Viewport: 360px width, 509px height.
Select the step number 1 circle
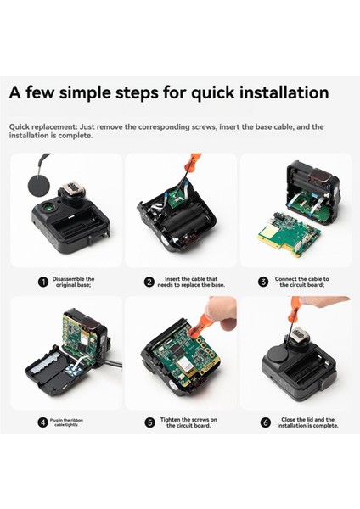pyautogui.click(x=43, y=282)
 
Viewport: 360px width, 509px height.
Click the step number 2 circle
pyautogui.click(x=149, y=282)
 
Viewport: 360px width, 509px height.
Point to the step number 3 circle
pyautogui.click(x=263, y=282)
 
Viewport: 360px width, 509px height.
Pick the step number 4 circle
pyautogui.click(x=42, y=422)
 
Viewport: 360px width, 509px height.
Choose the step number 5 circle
pyautogui.click(x=149, y=422)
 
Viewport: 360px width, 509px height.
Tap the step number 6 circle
pyautogui.click(x=266, y=422)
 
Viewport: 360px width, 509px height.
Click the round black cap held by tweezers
pyautogui.click(x=39, y=185)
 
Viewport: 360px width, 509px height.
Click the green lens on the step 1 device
pyautogui.click(x=49, y=206)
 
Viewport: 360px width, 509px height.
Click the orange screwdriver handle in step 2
pyautogui.click(x=189, y=162)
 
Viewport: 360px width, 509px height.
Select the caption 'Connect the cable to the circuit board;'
pyautogui.click(x=302, y=282)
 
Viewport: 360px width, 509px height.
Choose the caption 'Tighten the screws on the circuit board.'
pyautogui.click(x=188, y=422)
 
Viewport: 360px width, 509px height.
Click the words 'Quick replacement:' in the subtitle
pyautogui.click(x=43, y=126)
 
